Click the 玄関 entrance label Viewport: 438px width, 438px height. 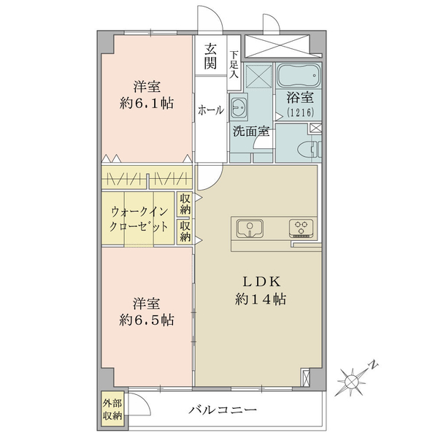(210, 56)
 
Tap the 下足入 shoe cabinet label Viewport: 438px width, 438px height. (234, 64)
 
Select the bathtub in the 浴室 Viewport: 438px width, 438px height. (299, 76)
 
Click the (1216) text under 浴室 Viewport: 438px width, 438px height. (300, 112)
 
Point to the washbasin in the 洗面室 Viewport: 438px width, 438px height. (238, 107)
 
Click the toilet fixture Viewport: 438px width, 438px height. (310, 149)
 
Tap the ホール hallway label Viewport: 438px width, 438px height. (211, 110)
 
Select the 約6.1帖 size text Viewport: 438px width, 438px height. (147, 104)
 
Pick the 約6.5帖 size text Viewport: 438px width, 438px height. (147, 320)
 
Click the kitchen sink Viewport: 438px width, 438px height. (250, 228)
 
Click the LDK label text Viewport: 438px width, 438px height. (261, 282)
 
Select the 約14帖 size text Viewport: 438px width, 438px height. (261, 299)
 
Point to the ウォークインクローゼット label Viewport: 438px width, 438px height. (139, 219)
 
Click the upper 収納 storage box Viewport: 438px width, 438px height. (185, 204)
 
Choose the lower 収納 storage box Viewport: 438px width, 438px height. (185, 231)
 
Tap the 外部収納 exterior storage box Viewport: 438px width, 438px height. (112, 410)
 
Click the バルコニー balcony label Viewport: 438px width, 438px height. (223, 410)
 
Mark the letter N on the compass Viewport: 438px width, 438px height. (373, 364)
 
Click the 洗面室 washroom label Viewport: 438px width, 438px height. (251, 131)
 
